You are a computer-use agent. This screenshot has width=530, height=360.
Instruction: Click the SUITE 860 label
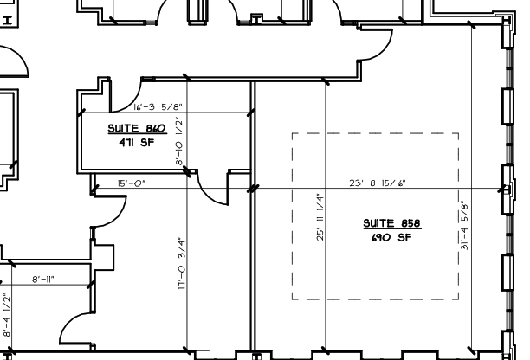click(137, 128)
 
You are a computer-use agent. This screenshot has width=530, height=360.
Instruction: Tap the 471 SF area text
click(137, 143)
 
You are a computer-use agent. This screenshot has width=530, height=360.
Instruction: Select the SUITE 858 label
click(392, 223)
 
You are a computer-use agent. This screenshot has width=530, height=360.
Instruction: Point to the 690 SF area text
click(391, 238)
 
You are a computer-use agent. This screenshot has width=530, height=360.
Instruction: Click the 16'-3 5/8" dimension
click(158, 107)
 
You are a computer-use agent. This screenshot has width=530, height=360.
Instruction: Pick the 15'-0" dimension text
click(132, 183)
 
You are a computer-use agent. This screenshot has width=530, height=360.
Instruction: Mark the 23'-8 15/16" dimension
click(378, 183)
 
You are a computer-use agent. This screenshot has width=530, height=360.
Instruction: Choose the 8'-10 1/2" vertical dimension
click(179, 141)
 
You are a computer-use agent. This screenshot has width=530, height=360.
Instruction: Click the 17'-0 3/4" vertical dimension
click(182, 263)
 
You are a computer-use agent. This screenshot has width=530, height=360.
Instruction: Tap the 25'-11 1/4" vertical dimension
click(320, 217)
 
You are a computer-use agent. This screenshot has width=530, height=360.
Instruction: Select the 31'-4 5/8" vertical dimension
click(465, 226)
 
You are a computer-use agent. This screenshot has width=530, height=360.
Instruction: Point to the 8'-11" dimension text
click(43, 280)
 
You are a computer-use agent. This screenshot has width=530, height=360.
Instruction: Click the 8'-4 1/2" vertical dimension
click(7, 315)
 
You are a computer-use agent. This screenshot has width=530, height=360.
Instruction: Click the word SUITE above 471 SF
click(123, 128)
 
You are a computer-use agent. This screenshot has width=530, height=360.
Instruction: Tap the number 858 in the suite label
click(410, 223)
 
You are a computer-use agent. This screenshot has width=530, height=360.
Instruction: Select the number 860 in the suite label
click(156, 128)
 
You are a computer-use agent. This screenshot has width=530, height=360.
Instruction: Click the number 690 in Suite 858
click(380, 238)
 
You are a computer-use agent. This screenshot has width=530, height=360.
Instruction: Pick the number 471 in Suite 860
click(126, 143)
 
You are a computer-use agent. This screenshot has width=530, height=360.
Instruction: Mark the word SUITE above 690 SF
click(378, 223)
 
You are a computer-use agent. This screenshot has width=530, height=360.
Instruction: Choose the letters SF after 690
click(405, 238)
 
